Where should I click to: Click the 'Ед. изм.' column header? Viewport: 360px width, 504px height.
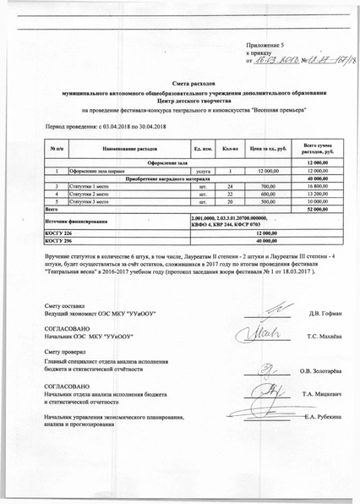(x=202, y=149)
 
